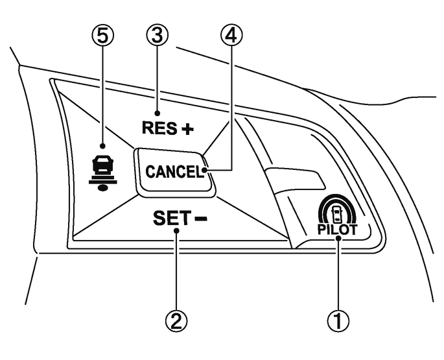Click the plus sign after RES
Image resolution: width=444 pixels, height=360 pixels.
187,129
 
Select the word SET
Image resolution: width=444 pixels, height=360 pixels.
167,219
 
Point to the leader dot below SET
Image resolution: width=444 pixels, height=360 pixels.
176,240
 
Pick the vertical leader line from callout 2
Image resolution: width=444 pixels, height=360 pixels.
176,272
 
